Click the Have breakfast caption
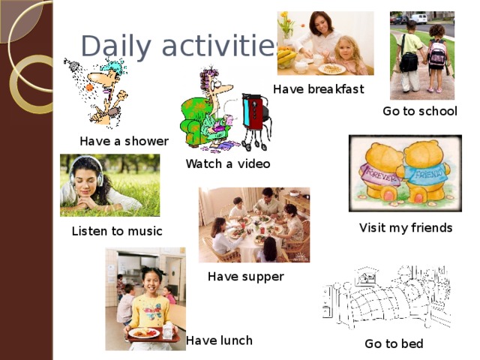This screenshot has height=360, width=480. [318, 89]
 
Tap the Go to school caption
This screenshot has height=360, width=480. [419, 112]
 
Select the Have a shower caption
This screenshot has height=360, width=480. [124, 141]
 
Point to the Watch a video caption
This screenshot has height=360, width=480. [228, 163]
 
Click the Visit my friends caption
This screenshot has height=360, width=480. [406, 227]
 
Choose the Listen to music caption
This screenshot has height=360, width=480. [116, 232]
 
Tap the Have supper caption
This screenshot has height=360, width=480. [246, 277]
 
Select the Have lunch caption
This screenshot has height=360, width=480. [219, 340]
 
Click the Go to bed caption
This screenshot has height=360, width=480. [394, 344]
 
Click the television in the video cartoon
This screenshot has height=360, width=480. [255, 111]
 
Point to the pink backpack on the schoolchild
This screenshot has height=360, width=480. [436, 52]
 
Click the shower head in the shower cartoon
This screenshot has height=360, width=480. [71, 64]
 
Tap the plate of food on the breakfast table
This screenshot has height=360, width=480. [331, 68]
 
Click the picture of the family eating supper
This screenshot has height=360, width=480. [253, 225]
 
